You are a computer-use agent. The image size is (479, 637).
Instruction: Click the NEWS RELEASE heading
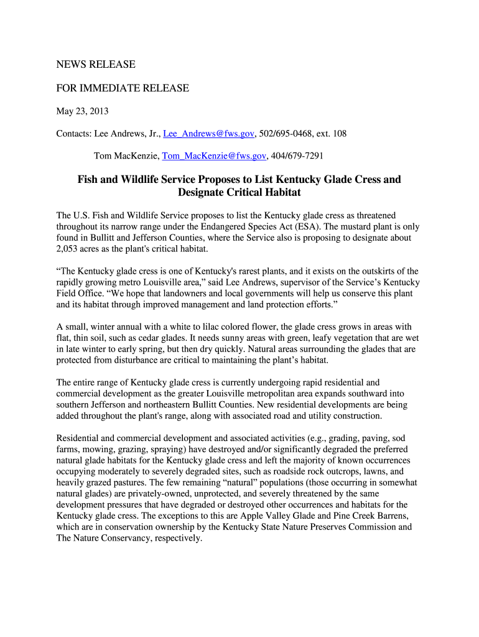click(x=96, y=65)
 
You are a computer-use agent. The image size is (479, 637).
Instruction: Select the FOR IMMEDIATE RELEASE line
click(x=123, y=88)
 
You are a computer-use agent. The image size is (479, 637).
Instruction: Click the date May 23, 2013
click(x=83, y=111)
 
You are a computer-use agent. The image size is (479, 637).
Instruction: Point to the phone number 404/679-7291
click(x=297, y=156)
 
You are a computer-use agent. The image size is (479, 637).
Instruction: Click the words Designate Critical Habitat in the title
click(x=240, y=193)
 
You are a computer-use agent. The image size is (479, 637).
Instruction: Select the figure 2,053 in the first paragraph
click(x=68, y=249)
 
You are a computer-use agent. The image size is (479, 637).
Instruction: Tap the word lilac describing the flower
click(x=219, y=327)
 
